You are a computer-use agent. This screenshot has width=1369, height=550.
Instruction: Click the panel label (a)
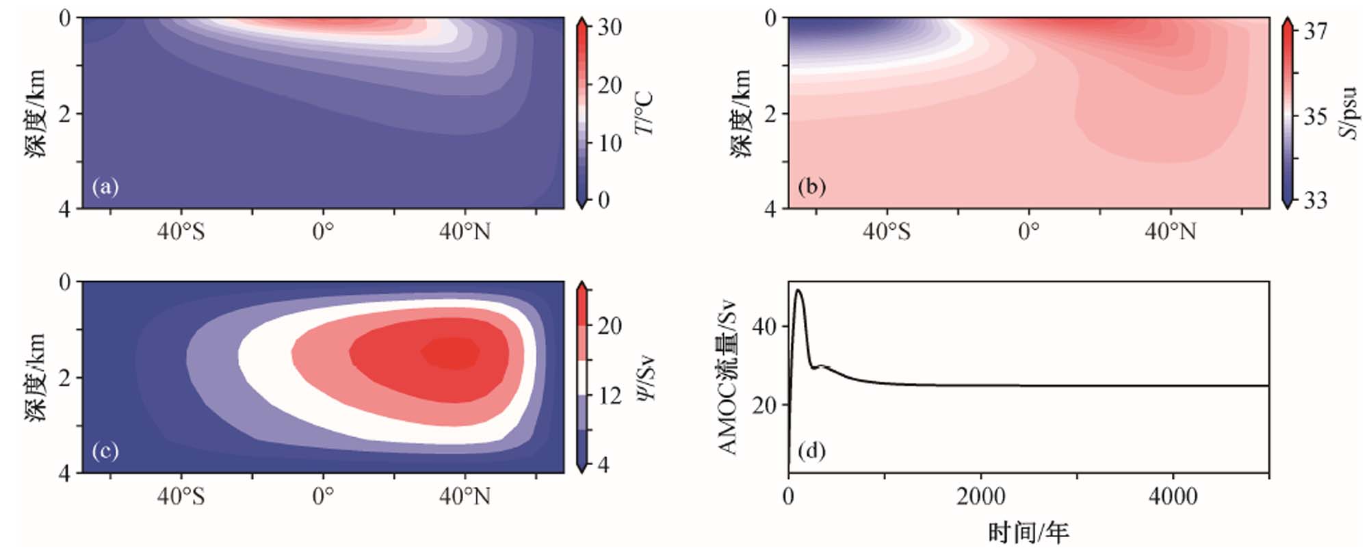[x=105, y=187]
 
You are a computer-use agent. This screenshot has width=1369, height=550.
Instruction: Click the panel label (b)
[x=811, y=187]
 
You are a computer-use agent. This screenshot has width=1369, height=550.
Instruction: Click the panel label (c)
[x=105, y=451]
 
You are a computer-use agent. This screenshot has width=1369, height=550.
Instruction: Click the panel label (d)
[x=811, y=451]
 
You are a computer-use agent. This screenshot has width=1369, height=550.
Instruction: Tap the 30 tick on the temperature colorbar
[x=609, y=27]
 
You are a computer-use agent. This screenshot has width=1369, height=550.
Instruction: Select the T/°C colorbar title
[x=644, y=113]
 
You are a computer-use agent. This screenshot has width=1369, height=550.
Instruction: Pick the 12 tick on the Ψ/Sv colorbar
[x=609, y=396]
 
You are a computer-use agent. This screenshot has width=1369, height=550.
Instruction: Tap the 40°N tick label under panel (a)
[x=465, y=232]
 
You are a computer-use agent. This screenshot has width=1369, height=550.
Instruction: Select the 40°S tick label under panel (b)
[x=887, y=232]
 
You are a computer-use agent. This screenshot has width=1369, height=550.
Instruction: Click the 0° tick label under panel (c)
[x=323, y=496]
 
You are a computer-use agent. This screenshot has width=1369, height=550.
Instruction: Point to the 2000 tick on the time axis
[x=980, y=496]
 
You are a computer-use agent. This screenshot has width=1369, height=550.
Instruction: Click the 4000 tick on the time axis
[x=1173, y=496]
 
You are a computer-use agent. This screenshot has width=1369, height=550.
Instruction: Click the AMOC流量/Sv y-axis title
[x=728, y=377]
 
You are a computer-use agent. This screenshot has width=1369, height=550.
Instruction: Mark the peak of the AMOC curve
[x=798, y=290]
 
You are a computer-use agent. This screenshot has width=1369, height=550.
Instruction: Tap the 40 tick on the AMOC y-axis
[x=764, y=326]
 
